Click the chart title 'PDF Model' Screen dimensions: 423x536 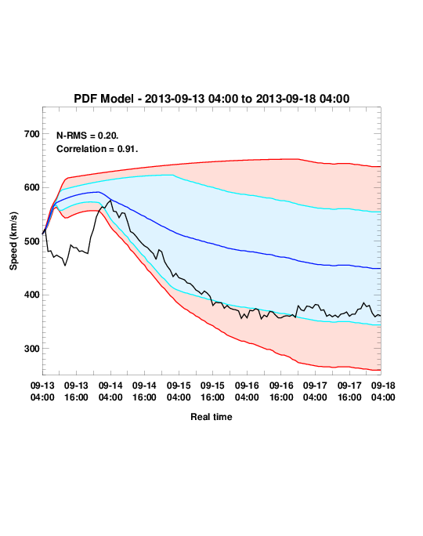[103, 99]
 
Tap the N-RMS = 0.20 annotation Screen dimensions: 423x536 [88, 136]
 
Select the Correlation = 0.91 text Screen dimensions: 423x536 [97, 149]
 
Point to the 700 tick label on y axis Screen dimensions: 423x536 [32, 134]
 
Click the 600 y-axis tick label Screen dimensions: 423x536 [32, 187]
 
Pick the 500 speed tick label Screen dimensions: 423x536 [32, 241]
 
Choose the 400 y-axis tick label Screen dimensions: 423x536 [32, 295]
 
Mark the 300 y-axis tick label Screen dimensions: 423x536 [32, 349]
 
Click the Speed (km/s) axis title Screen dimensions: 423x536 [13, 241]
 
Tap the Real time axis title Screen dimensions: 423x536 [211, 417]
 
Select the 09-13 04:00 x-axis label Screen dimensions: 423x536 [42, 391]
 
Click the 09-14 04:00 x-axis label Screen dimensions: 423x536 [110, 391]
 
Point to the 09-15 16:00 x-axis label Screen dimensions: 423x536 [212, 391]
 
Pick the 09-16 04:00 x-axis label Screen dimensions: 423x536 [247, 391]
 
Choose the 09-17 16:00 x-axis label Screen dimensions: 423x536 [349, 391]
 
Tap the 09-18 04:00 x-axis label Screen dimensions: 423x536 [383, 391]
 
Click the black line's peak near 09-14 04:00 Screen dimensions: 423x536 [110, 201]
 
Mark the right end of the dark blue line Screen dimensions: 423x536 [381, 269]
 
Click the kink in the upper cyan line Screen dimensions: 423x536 [173, 175]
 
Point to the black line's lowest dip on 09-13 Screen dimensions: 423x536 [65, 266]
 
